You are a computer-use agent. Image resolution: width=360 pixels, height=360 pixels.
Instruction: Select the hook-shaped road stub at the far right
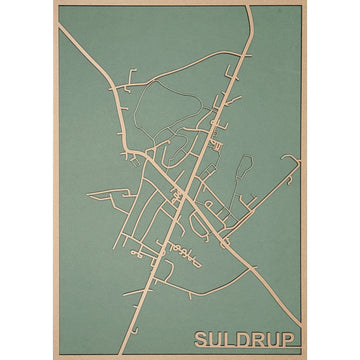(x=292, y=160)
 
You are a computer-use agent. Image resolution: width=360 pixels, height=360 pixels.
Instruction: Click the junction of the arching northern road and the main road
(x=232, y=88)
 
